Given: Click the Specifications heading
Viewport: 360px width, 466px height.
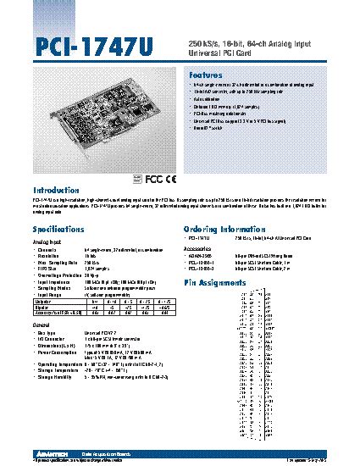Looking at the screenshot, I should pos(58,230).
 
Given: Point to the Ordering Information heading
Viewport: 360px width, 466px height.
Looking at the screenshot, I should pos(224,230).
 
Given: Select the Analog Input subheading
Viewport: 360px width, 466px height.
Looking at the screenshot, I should pos(47,241).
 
